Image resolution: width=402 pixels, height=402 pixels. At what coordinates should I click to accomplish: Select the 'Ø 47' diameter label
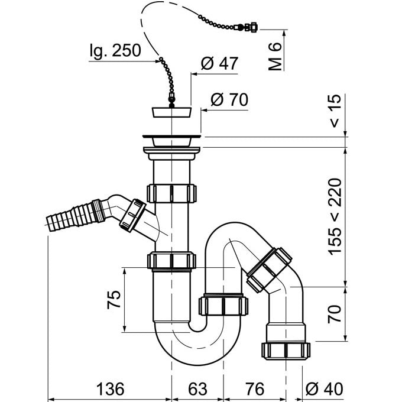point(219,64)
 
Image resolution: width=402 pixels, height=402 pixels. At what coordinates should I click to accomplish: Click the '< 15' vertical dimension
point(335,111)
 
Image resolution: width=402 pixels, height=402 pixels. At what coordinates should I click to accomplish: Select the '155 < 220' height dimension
point(335,216)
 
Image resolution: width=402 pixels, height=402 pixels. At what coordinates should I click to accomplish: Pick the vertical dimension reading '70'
point(335,313)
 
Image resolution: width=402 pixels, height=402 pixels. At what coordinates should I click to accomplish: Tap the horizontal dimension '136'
point(110,389)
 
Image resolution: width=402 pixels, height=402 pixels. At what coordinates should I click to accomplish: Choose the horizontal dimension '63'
point(198,389)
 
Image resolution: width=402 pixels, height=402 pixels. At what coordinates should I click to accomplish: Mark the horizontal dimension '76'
point(254,389)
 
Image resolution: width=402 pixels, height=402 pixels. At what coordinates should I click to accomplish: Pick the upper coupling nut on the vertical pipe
point(172,193)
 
